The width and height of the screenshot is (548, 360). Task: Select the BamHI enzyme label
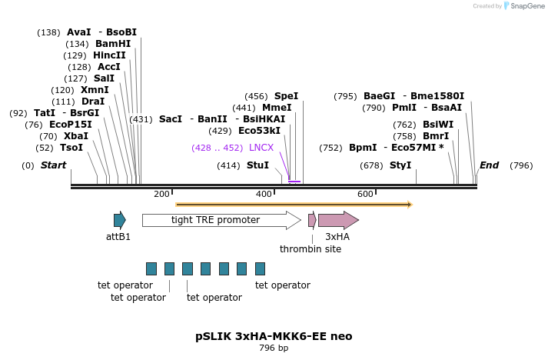coord(113,44)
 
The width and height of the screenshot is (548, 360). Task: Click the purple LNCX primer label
coord(261,147)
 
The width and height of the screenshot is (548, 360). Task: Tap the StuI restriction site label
coord(257,165)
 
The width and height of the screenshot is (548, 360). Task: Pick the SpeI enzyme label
coord(286,96)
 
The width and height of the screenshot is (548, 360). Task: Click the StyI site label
coord(400,165)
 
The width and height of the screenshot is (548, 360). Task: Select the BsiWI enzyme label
coord(438,124)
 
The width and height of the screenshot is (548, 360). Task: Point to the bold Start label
coord(53,165)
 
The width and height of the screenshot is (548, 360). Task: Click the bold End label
coord(489,165)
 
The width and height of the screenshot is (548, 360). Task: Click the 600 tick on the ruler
coord(365,194)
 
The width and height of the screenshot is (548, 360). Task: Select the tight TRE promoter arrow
coord(221,221)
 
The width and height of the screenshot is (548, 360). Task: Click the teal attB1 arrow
coord(119,220)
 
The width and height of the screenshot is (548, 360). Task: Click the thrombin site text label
coord(311,248)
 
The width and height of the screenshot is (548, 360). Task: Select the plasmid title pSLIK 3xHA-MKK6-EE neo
coord(274,336)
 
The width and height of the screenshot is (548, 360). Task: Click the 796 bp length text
coord(274,348)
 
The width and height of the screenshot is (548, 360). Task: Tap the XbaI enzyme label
coord(75,135)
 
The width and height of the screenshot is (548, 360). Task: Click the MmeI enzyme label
coord(277,108)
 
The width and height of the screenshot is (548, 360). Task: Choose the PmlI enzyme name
coord(404,108)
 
